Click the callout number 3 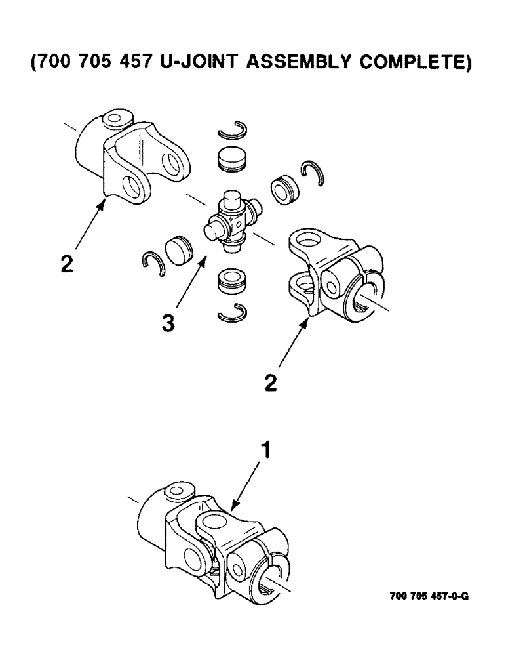pos(169,323)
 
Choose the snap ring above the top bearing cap pos(232,131)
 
